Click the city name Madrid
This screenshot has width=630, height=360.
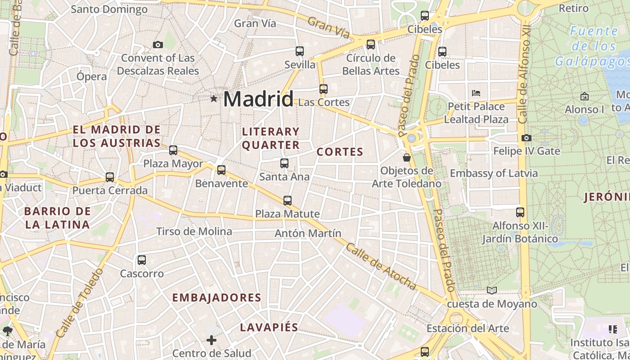click(258, 99)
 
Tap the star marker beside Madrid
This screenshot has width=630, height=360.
click(214, 98)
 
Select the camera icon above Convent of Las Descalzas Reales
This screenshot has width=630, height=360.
click(157, 45)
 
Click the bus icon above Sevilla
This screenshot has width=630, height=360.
click(300, 51)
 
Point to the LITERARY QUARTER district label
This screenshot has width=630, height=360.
click(271, 138)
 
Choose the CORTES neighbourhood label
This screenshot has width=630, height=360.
click(340, 152)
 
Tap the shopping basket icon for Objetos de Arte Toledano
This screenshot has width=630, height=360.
click(407, 157)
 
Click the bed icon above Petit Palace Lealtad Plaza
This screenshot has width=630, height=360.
click(476, 93)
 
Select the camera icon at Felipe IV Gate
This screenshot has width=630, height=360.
click(526, 138)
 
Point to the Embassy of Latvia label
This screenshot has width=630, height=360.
click(494, 173)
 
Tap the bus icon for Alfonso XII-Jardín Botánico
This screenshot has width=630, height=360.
click(520, 212)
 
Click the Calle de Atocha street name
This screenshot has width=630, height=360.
click(381, 266)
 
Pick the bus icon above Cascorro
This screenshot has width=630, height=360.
click(142, 260)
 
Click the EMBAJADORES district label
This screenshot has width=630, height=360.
click(216, 297)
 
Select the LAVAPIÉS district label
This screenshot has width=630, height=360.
click(269, 327)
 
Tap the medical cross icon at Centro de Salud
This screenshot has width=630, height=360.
click(211, 340)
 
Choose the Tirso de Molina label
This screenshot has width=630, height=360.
click(194, 231)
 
